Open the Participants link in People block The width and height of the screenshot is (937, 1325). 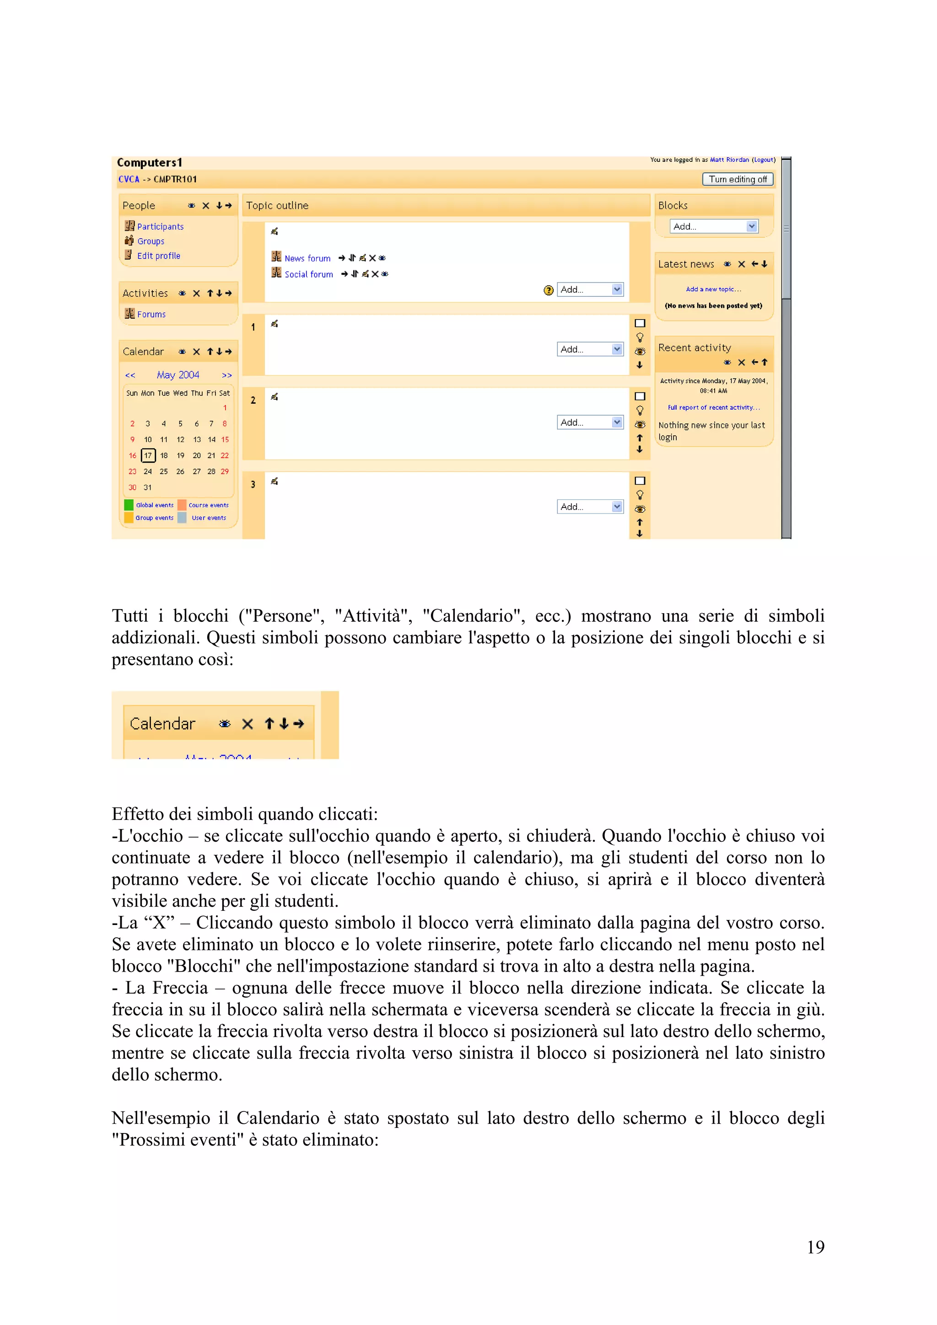160,227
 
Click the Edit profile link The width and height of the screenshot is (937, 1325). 158,256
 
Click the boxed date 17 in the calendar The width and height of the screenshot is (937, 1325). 148,455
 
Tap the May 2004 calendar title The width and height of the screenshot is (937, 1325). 178,375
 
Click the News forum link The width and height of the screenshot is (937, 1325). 307,258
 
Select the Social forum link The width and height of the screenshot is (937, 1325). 308,275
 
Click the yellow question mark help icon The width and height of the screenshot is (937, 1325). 549,290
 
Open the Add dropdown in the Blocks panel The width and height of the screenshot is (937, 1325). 714,226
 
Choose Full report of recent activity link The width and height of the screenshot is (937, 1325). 714,407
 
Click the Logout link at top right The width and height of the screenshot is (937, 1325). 763,160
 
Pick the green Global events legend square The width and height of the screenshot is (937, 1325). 129,505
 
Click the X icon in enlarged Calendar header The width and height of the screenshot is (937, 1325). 248,724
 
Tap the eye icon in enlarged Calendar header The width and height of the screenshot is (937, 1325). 225,724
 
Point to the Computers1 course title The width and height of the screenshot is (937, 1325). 149,163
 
